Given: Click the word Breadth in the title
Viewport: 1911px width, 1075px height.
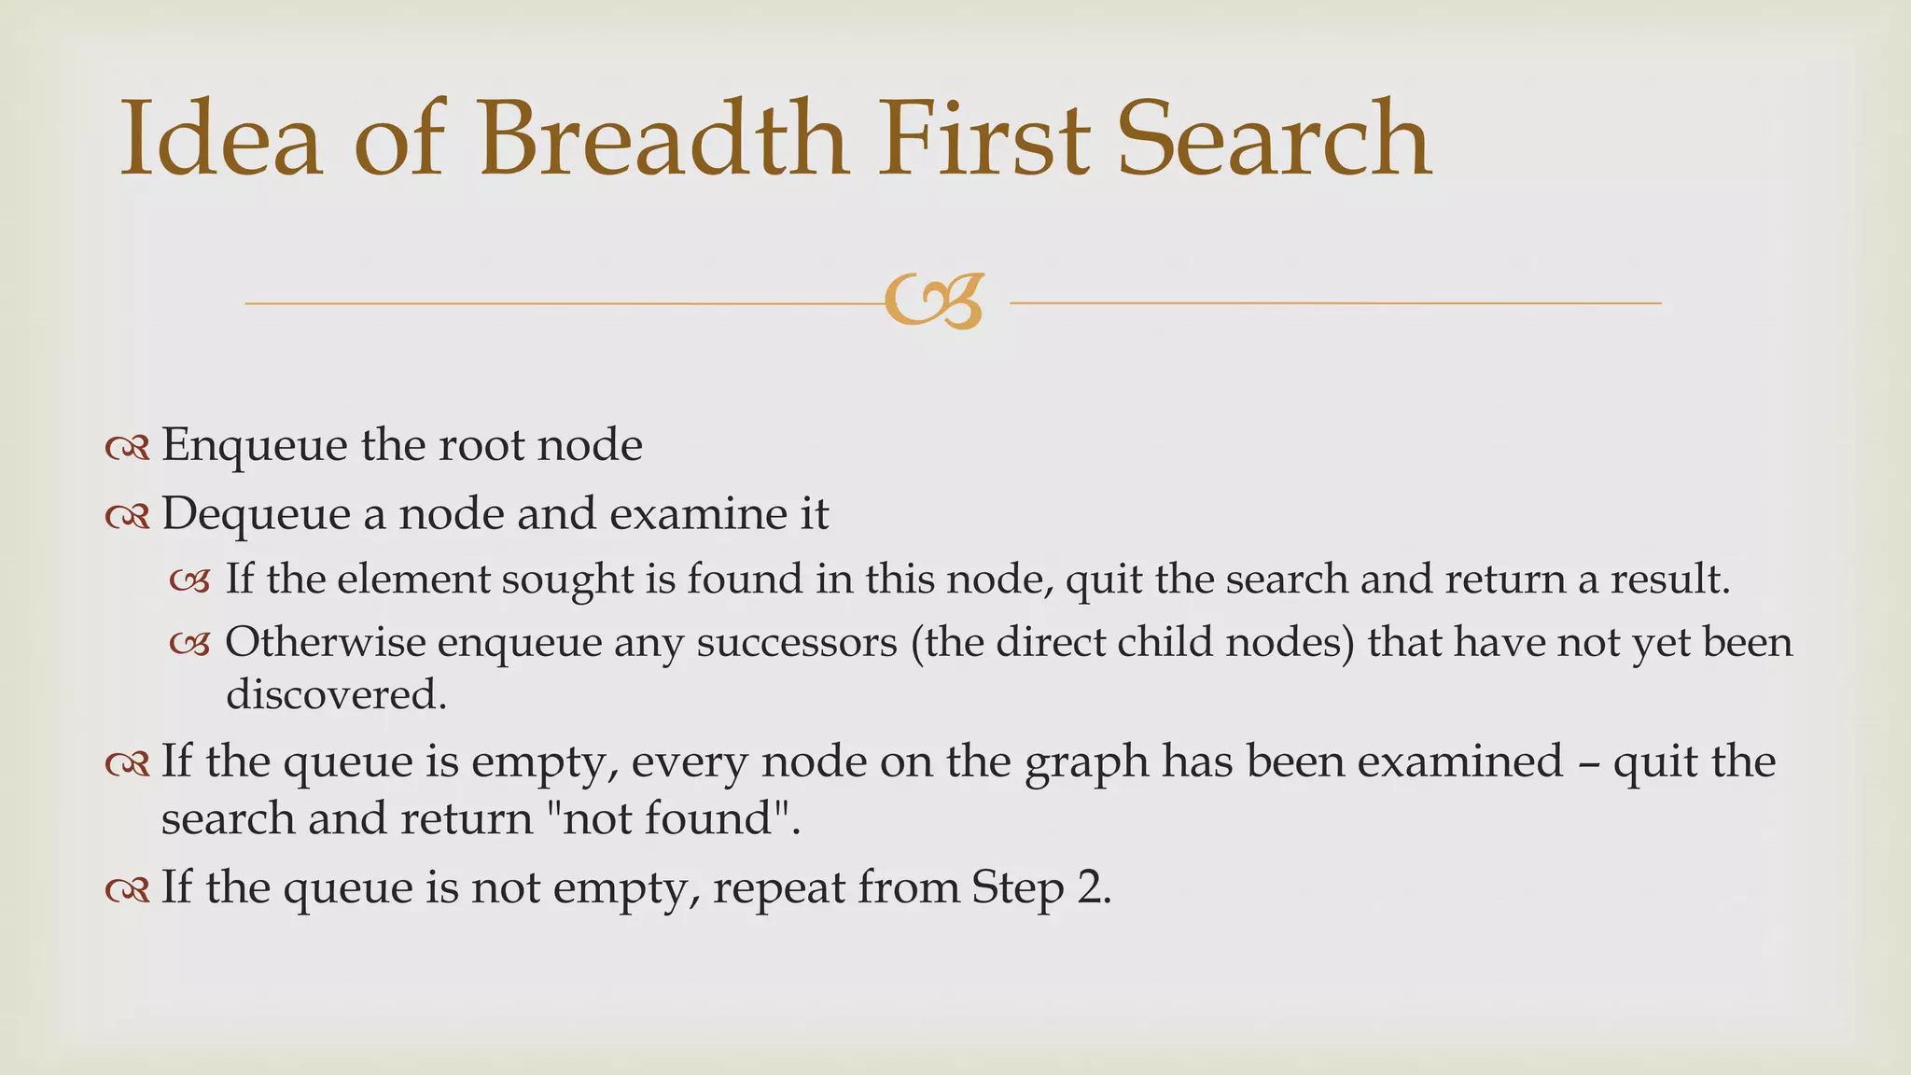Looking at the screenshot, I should pos(663,140).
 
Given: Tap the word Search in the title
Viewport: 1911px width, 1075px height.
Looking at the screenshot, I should pos(1274,140).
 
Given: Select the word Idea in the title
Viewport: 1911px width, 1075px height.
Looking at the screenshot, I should pos(221,140).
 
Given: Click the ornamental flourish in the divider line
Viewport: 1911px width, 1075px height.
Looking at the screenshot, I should pos(934,301).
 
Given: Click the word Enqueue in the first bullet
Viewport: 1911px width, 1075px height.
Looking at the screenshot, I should pos(255,446).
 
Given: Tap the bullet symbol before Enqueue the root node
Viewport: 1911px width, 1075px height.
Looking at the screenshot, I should pos(128,450).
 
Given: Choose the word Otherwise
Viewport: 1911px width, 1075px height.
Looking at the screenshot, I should pos(325,643).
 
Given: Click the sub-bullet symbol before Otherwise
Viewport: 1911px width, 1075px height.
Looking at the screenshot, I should pos(189,645).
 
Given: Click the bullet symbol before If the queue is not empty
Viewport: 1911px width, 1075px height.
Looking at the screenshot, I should pos(128,891).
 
